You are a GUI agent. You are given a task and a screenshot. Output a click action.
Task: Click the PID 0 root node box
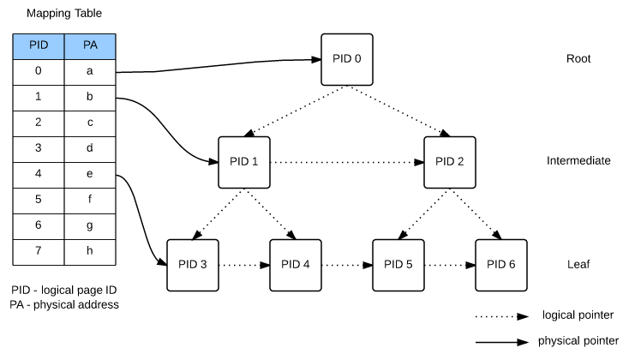(x=347, y=60)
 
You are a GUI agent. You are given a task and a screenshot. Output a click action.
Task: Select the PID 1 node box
(x=244, y=162)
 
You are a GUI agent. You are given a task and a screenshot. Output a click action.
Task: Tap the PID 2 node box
(x=450, y=162)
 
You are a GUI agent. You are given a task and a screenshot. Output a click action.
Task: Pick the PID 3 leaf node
(x=193, y=264)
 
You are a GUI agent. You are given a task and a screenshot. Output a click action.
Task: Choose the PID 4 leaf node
(x=296, y=264)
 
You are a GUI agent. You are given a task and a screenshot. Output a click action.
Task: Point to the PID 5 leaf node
(x=398, y=264)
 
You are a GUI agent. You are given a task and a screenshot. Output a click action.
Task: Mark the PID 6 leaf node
(x=501, y=264)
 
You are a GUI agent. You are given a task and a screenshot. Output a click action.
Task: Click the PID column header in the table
(x=39, y=46)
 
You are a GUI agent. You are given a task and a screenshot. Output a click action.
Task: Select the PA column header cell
(x=89, y=46)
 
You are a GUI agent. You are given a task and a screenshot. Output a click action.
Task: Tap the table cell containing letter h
(x=89, y=252)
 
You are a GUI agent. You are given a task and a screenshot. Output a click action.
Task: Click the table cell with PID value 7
(x=39, y=252)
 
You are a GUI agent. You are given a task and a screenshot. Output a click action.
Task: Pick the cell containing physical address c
(x=89, y=123)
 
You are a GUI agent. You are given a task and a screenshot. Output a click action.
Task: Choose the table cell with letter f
(x=89, y=201)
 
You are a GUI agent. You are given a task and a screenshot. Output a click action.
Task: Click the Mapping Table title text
(x=64, y=15)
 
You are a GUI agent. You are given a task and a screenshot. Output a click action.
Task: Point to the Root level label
(x=579, y=60)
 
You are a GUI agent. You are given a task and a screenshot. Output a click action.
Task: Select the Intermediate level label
(x=579, y=161)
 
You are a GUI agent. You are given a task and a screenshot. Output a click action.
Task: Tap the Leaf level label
(x=579, y=264)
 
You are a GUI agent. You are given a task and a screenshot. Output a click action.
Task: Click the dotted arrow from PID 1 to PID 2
(x=347, y=162)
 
